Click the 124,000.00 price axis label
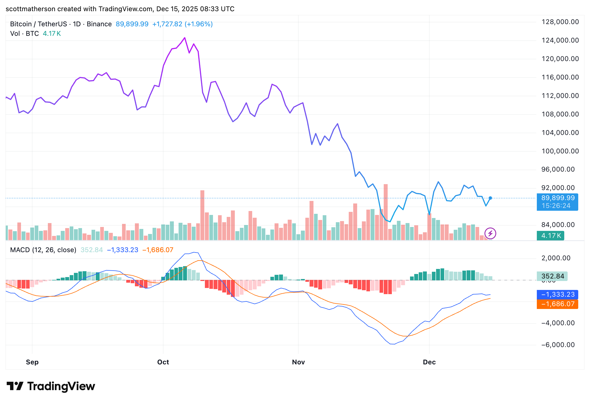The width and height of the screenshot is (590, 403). point(560,40)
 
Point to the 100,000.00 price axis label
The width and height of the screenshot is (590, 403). point(560,151)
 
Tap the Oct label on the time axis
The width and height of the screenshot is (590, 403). point(163,362)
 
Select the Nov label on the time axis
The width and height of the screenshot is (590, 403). point(298,362)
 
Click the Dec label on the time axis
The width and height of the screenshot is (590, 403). point(429,362)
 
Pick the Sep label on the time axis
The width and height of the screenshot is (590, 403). point(32,362)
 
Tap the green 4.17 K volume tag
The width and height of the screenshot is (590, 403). point(551,236)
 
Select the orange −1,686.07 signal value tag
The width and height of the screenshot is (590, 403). point(557,304)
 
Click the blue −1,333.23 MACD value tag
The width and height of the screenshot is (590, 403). point(557,294)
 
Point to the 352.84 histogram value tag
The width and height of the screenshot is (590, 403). point(552,276)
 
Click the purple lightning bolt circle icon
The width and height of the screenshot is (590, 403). point(490,233)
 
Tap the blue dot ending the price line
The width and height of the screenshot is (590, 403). point(490,198)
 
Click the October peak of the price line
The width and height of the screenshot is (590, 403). point(185,38)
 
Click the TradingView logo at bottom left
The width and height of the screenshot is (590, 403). point(51,386)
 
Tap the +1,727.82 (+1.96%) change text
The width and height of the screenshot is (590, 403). point(182,24)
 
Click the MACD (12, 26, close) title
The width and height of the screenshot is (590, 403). point(43,250)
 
